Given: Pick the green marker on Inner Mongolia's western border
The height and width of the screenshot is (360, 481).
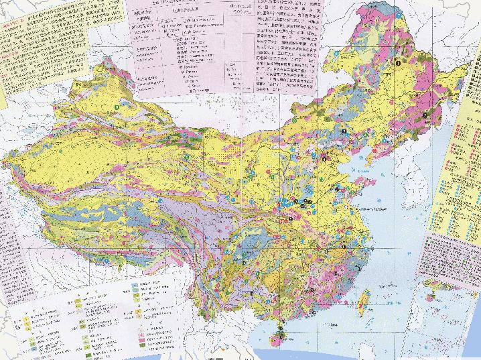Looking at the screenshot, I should point(185,157).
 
